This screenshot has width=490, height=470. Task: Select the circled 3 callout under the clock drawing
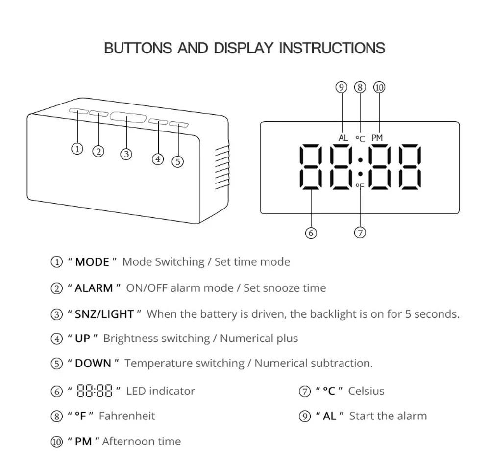tap(126, 154)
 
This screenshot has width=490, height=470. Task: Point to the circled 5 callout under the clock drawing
tap(178, 161)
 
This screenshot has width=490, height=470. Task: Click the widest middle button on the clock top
tap(127, 118)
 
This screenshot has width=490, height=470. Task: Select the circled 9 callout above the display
tap(342, 88)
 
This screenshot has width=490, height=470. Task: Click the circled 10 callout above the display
tap(379, 88)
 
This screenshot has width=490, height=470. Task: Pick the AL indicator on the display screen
tap(343, 138)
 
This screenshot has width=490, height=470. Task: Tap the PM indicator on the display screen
tap(377, 138)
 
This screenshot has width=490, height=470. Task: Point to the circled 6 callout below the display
tap(311, 233)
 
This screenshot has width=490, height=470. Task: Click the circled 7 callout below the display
tap(360, 233)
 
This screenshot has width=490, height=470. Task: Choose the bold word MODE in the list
tap(92, 262)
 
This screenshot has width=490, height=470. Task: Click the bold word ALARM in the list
tap(94, 288)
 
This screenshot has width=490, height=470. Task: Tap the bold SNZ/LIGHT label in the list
tap(104, 314)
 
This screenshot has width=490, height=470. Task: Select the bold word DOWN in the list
tap(93, 364)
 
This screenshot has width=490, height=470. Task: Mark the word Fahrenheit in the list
tap(127, 416)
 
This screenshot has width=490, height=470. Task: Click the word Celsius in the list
tap(366, 391)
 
